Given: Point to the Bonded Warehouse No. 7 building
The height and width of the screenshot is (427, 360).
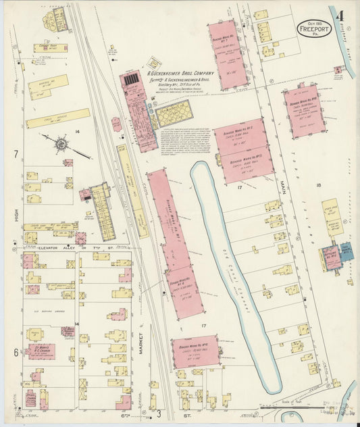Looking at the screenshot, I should coord(227,54).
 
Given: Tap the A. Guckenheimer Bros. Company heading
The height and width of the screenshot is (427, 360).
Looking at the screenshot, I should coord(181,72).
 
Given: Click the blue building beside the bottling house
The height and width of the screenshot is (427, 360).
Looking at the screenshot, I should coord(346,252).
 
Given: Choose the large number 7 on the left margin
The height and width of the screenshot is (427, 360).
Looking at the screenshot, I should coord(15,154).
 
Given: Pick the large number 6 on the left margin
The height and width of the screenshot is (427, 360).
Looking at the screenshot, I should coord(15,352).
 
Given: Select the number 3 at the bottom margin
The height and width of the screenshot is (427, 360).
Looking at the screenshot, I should coord(159,413).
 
